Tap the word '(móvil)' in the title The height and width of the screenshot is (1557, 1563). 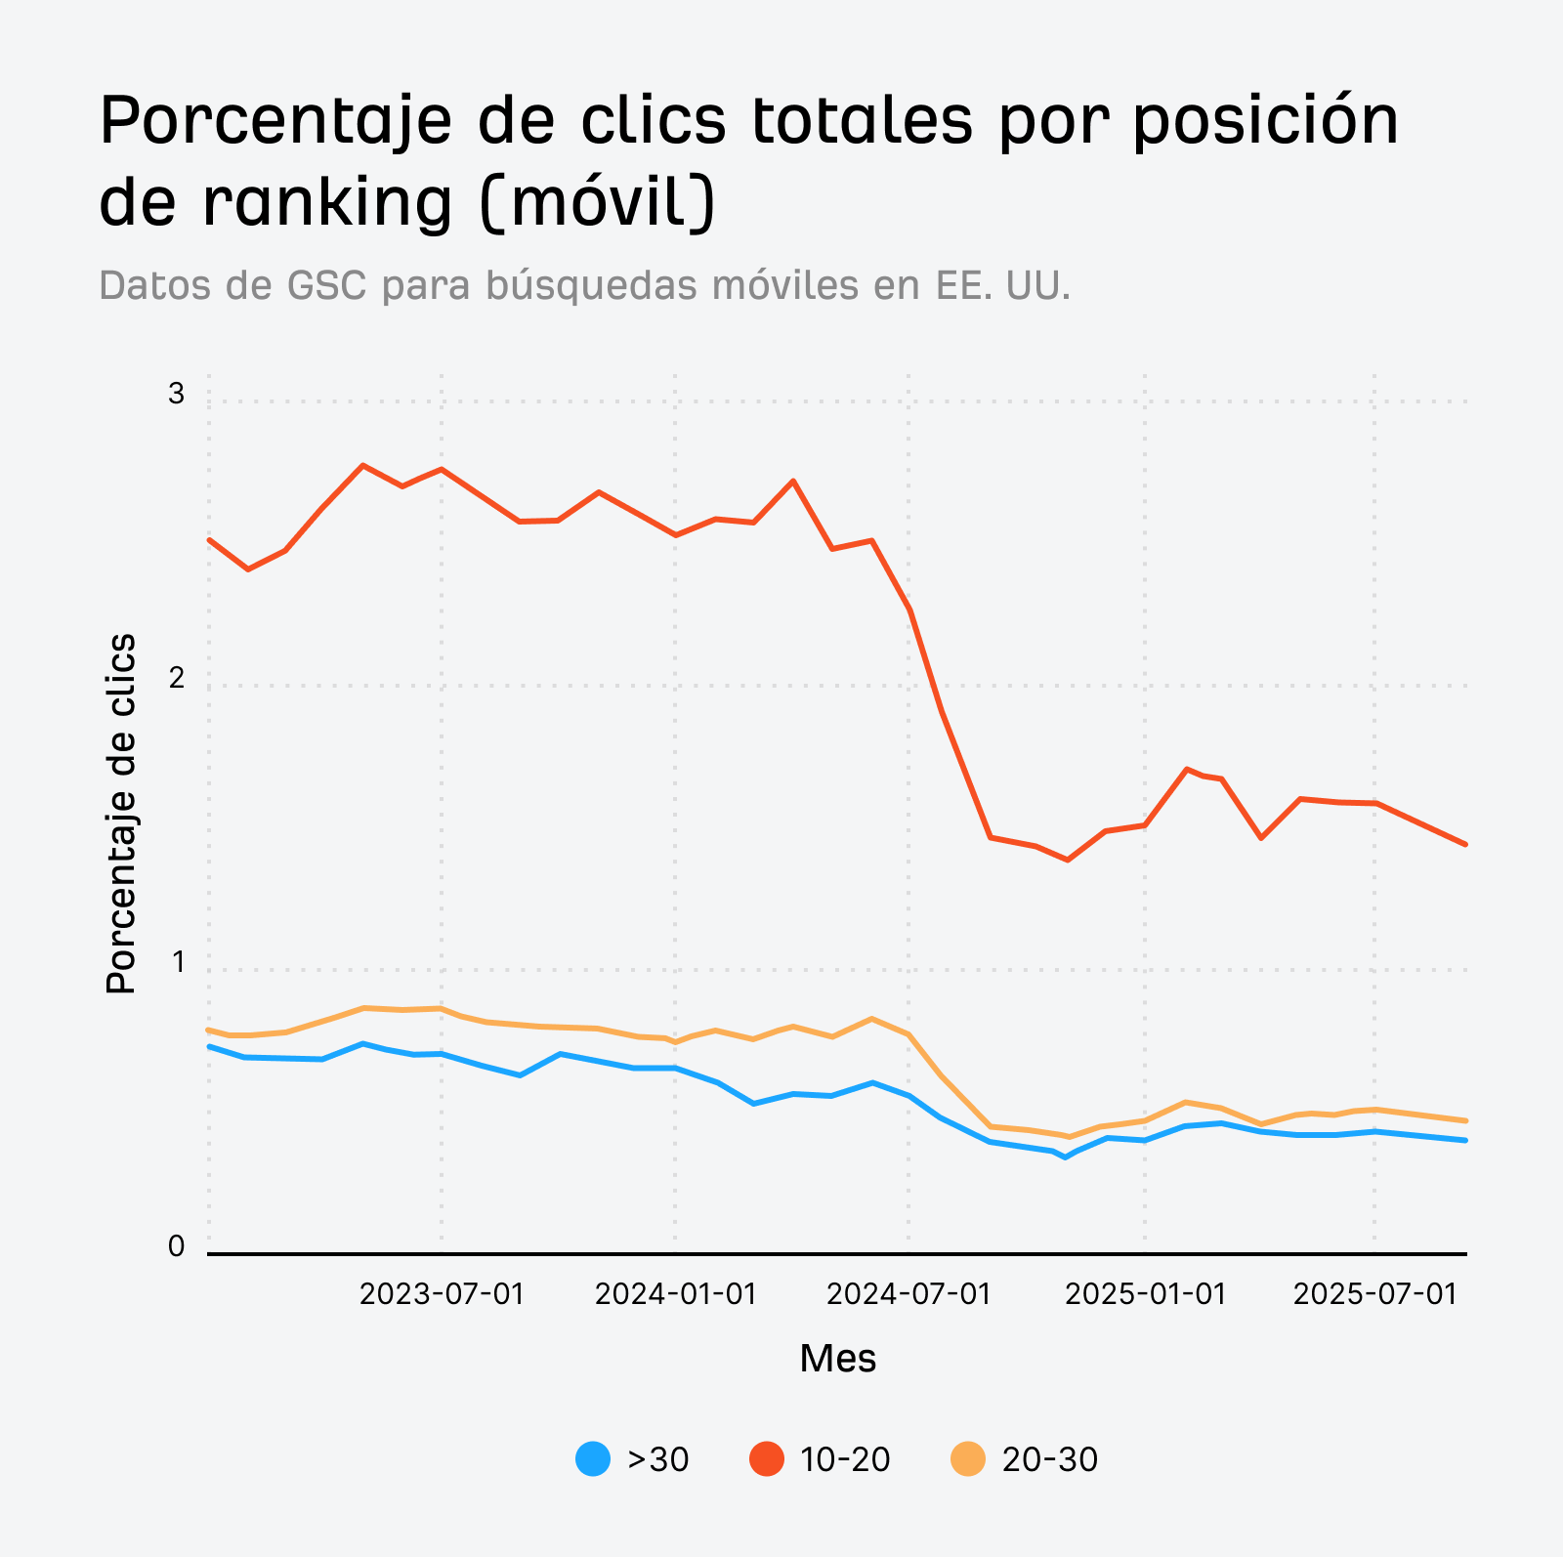pyautogui.click(x=599, y=203)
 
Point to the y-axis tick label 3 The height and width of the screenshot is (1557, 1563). pyautogui.click(x=176, y=394)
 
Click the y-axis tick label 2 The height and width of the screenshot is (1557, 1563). pyautogui.click(x=176, y=678)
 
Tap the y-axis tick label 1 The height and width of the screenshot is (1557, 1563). pyautogui.click(x=178, y=962)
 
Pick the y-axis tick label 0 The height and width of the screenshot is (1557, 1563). pyautogui.click(x=176, y=1246)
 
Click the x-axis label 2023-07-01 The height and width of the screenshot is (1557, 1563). pyautogui.click(x=442, y=1294)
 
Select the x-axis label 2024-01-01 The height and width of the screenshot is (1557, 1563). pyautogui.click(x=675, y=1294)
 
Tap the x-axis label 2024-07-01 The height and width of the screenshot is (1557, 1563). pyautogui.click(x=908, y=1294)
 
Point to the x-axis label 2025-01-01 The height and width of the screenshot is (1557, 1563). pyautogui.click(x=1145, y=1294)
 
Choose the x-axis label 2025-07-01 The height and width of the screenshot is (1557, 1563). pyautogui.click(x=1374, y=1294)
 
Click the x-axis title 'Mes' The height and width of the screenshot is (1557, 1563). pyautogui.click(x=837, y=1359)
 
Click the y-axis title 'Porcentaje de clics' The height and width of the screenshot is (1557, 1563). pyautogui.click(x=121, y=814)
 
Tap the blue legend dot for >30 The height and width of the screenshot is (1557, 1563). pyautogui.click(x=593, y=1459)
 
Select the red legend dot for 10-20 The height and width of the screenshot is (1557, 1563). pyautogui.click(x=766, y=1459)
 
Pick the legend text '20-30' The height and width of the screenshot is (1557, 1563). pyautogui.click(x=1049, y=1459)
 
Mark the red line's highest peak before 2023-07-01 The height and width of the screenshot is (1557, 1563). pyautogui.click(x=363, y=466)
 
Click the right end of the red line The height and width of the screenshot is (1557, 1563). pyautogui.click(x=1465, y=844)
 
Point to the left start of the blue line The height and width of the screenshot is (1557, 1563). pyautogui.click(x=210, y=1046)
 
